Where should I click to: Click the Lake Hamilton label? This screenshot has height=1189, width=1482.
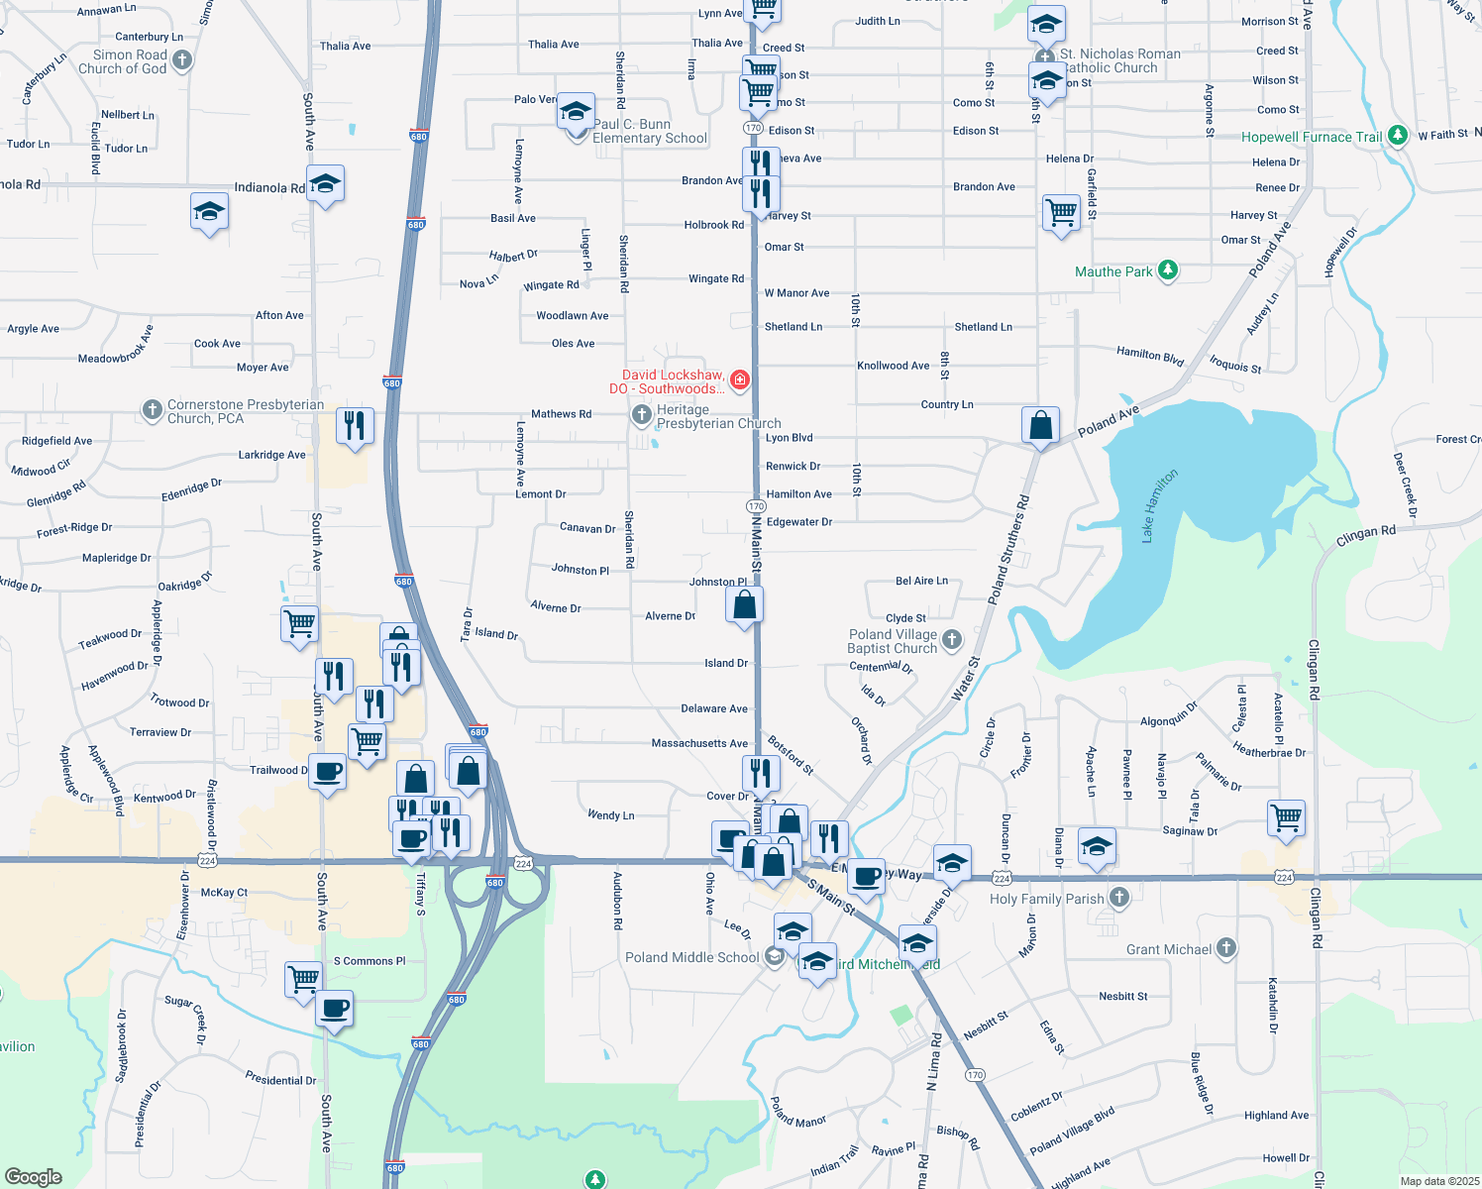point(1159,505)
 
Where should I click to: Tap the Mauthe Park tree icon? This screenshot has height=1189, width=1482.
point(1168,270)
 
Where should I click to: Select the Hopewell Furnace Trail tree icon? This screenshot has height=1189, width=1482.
point(1398,135)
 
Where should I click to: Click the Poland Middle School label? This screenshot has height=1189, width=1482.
point(691,957)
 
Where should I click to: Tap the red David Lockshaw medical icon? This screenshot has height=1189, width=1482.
point(739,379)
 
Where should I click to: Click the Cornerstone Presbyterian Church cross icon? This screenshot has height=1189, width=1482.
point(152,408)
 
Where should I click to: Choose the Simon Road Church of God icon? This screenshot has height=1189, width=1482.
point(181,60)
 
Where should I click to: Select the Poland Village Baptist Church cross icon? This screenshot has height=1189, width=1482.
point(951,639)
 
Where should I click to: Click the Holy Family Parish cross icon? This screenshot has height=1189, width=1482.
point(1118,898)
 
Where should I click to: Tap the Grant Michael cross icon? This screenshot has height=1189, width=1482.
point(1225,948)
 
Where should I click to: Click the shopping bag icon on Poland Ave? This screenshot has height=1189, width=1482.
point(1041,425)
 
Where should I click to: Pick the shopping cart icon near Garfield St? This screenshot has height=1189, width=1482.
point(1061,212)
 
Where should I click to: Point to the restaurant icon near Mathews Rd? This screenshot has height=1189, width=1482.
point(355,425)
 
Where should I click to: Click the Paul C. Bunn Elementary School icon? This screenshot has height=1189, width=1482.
point(576,113)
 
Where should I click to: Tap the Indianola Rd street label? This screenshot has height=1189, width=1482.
point(269,187)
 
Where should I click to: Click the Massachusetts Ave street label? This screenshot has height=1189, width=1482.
point(699,743)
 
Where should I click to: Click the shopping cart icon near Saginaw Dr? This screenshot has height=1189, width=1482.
point(1286,817)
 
